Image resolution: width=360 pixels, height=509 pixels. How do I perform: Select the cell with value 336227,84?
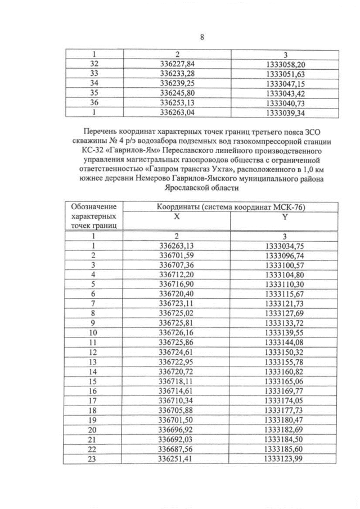[x=177, y=64]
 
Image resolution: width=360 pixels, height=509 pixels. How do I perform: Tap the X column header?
[x=177, y=217]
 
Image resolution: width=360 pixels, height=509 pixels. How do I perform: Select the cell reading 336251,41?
[x=177, y=458]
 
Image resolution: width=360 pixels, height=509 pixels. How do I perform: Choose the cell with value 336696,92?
[x=177, y=429]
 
